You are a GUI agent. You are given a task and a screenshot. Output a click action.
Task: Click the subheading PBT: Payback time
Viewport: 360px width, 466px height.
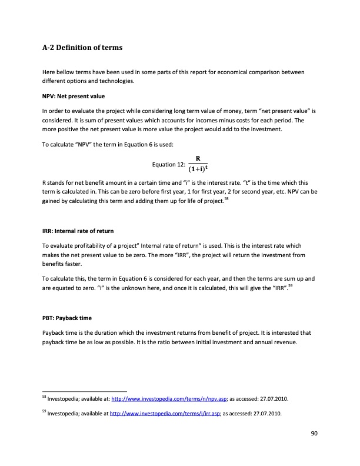click(67, 318)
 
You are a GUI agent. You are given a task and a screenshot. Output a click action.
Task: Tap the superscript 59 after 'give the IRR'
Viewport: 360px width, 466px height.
click(289, 287)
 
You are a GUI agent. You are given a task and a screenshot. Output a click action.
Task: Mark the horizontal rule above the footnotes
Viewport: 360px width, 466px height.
click(85, 391)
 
